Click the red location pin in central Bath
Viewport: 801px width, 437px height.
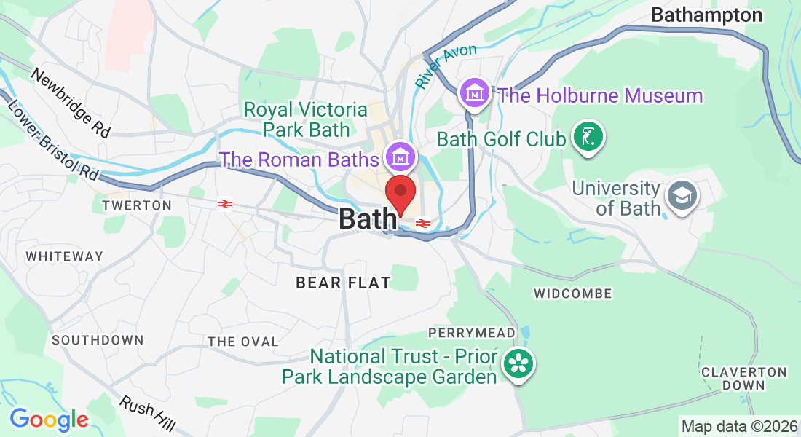[x=400, y=194]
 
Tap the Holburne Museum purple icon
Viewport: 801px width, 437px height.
[x=475, y=93]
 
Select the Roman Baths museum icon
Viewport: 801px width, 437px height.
[x=400, y=155]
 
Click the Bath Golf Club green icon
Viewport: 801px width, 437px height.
[x=587, y=136]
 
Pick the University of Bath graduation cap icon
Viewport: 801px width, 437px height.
[x=682, y=196]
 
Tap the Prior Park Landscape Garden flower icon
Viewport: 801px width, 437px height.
[x=518, y=363]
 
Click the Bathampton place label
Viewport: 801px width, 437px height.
[x=706, y=15]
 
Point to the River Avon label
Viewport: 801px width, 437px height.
[x=446, y=66]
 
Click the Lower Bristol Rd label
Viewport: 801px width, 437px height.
[x=52, y=140]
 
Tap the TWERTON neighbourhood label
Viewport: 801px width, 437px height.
[x=137, y=205]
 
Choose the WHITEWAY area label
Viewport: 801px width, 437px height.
[x=65, y=256]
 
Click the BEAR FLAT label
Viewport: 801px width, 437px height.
[x=343, y=283]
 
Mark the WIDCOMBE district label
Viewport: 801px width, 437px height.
[x=573, y=294]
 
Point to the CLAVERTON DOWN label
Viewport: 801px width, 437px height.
[x=744, y=378]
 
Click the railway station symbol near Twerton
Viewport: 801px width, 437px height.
[x=224, y=205]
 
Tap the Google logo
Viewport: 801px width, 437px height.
[x=49, y=420]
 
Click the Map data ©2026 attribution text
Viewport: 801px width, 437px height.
[x=738, y=426]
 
